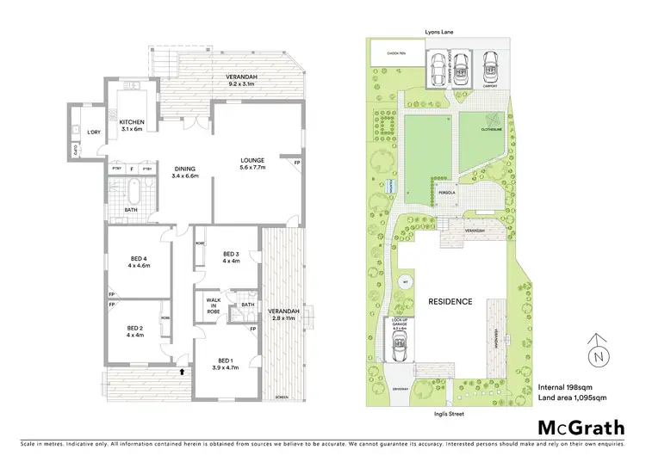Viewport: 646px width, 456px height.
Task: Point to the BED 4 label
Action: coord(139,262)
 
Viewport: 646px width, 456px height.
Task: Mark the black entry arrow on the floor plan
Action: coord(183,373)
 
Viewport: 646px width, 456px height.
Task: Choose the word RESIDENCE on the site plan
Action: coord(450,301)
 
